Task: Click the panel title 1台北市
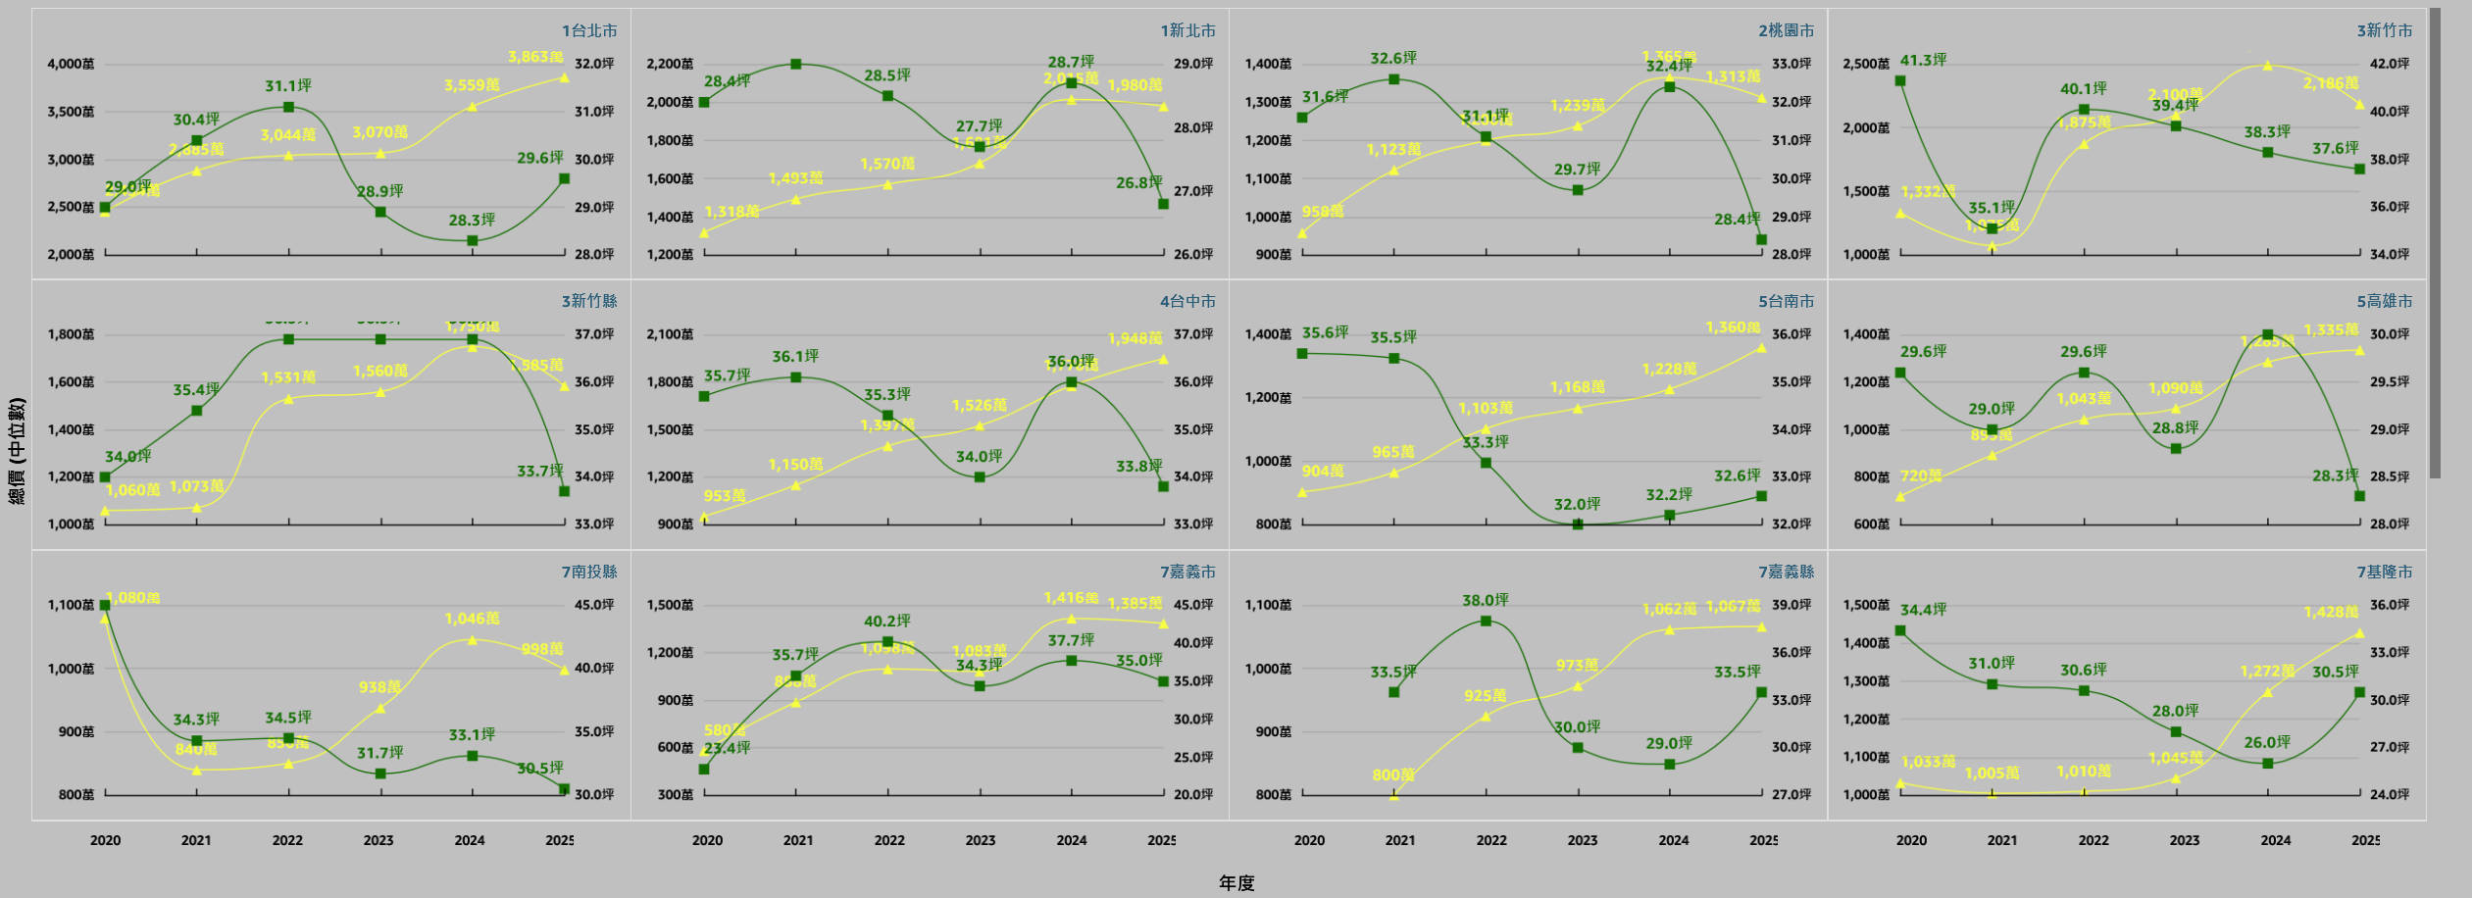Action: click(x=589, y=30)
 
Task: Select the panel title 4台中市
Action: click(x=1187, y=301)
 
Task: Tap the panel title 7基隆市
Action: click(x=2385, y=572)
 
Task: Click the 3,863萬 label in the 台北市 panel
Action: click(x=535, y=57)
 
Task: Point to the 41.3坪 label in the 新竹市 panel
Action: click(x=1923, y=60)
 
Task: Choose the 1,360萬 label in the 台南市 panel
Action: click(x=1733, y=327)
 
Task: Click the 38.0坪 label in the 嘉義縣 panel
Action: click(x=1486, y=600)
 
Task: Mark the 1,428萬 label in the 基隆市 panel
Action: click(x=2331, y=612)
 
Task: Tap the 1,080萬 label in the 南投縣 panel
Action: click(x=133, y=597)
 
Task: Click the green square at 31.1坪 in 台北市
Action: click(x=288, y=107)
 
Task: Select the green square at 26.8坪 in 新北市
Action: click(x=1163, y=204)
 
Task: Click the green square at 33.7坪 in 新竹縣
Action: click(x=564, y=491)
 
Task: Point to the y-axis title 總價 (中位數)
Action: click(x=17, y=451)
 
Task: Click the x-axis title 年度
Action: click(x=1236, y=883)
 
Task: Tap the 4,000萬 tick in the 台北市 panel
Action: click(x=71, y=64)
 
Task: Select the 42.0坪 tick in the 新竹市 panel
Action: click(x=2390, y=64)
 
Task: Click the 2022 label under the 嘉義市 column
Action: click(x=889, y=840)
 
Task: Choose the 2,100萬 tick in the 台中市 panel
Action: click(x=670, y=334)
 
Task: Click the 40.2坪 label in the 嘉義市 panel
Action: click(x=886, y=621)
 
